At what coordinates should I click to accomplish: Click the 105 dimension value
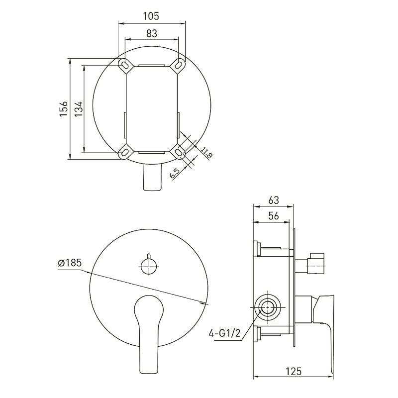click(151, 16)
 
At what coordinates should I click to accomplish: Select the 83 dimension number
click(152, 34)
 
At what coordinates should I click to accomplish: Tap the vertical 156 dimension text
click(64, 109)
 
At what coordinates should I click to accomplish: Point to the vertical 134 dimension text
click(79, 109)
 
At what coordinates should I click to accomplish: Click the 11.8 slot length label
click(206, 153)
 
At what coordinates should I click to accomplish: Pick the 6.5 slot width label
click(175, 174)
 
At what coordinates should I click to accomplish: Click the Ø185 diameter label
click(70, 263)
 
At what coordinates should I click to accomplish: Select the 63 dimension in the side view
click(274, 200)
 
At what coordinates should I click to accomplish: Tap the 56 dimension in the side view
click(273, 216)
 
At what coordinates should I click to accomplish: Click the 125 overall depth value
click(294, 371)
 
